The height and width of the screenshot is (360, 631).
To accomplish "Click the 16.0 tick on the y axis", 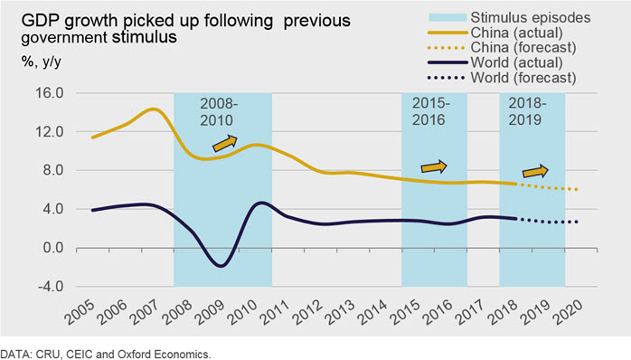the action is pos(50,93).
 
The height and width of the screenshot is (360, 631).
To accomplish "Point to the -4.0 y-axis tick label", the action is pos(51,287).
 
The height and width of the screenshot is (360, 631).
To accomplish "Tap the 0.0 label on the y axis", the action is pos(53,247).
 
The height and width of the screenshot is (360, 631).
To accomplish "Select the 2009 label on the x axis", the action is pos(210,313).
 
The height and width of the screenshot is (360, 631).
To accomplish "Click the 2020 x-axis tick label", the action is pos(568,313).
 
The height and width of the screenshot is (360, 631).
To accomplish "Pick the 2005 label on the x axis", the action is pos(80,313).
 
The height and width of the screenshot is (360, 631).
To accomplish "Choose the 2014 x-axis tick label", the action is pos(372,313).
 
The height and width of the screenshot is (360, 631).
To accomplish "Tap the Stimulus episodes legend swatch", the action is pos(447,18).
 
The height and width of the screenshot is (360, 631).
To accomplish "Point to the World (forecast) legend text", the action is pos(523,77).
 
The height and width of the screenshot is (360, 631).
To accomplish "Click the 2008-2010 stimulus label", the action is pos(219,112).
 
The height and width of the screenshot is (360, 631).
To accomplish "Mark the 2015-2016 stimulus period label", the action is pos(430,111).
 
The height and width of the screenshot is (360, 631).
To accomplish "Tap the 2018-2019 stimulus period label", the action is pos(527,111).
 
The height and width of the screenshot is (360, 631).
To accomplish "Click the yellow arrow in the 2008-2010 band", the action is pos(225,143).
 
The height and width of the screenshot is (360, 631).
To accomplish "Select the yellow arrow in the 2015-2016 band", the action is pos(434,166).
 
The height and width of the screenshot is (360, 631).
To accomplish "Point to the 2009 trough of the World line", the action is pos(221,266).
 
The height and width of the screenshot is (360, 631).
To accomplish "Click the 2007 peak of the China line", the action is pos(153,109).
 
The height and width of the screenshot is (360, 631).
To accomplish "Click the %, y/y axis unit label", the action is pos(42,62).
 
